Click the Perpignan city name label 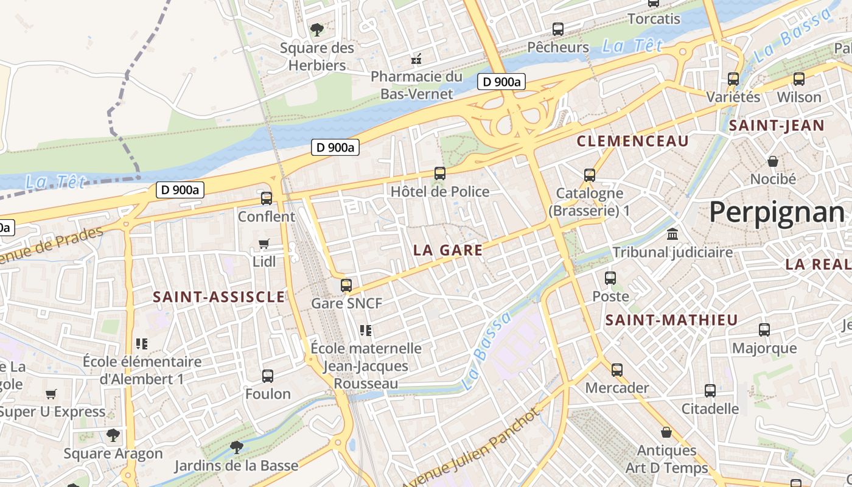(777, 212)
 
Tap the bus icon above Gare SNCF (346, 285)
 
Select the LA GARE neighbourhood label (448, 250)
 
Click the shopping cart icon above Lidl (264, 243)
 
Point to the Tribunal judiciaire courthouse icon (672, 234)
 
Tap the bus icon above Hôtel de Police (440, 173)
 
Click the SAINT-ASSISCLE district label (218, 297)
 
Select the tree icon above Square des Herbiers (316, 29)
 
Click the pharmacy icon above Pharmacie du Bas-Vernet (417, 59)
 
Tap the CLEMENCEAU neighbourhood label (632, 142)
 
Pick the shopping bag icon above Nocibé (773, 161)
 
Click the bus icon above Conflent (267, 198)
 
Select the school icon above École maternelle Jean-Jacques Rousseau (366, 331)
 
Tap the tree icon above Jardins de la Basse (236, 448)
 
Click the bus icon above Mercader (617, 370)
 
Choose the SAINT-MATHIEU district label (671, 320)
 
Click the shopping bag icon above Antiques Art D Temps (666, 432)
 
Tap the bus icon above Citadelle (710, 391)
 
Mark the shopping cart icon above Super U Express (51, 394)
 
